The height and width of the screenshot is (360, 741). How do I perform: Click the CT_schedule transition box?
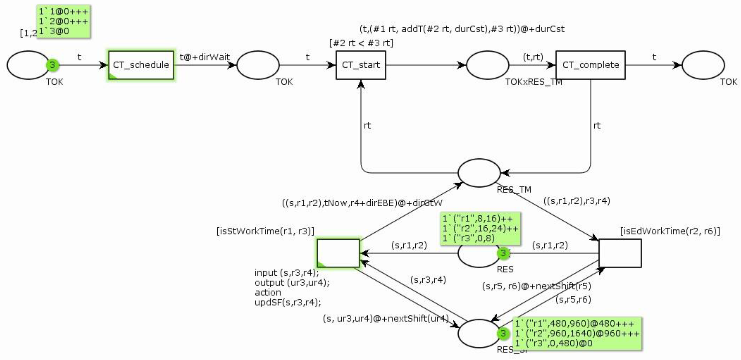tap(141, 65)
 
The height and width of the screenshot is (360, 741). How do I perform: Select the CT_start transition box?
tap(361, 65)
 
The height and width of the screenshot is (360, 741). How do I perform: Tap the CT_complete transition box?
tap(590, 65)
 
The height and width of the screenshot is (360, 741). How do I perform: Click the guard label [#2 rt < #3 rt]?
tap(361, 43)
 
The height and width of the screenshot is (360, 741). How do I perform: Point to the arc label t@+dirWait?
tap(205, 57)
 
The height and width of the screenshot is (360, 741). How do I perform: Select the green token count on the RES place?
tap(503, 253)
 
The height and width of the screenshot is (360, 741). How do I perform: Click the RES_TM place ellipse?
tap(479, 173)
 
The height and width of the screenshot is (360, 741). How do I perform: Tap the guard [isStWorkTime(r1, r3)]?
tap(265, 231)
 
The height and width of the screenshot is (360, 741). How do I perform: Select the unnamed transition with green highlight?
tap(338, 253)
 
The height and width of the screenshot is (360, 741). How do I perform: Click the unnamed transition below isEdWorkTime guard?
tap(620, 253)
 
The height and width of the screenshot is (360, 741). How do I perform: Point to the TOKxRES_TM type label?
tap(534, 82)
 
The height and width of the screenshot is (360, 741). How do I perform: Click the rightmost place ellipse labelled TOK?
tap(703, 65)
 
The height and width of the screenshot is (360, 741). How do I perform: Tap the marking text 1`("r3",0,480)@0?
tap(554, 343)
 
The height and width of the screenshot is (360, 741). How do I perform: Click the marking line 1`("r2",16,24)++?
tap(480, 228)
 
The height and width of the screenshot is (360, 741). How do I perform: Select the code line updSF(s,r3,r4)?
tap(288, 302)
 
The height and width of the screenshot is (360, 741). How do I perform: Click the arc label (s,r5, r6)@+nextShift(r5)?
tap(536, 286)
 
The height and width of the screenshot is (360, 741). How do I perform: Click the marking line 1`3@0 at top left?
tap(54, 31)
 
